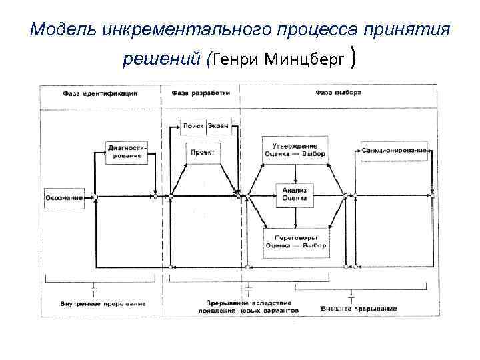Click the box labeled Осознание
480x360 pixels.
click(65, 197)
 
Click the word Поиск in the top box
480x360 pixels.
click(194, 125)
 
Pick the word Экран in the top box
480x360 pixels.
click(218, 125)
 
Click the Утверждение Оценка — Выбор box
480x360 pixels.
click(295, 150)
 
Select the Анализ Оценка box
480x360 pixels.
click(294, 193)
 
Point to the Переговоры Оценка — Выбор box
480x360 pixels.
click(295, 241)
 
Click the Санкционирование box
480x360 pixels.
click(395, 150)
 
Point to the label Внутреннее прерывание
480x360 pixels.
click(94, 304)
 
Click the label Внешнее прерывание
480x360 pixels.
click(359, 309)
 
